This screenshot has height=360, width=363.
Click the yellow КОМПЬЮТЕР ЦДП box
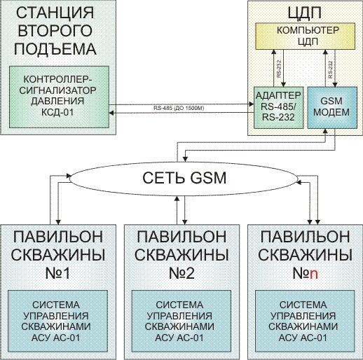click(305, 36)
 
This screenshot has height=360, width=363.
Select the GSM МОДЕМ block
click(332, 108)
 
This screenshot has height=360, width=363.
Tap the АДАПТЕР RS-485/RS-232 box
click(279, 108)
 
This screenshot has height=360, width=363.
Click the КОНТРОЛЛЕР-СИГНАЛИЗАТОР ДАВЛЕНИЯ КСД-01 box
click(59, 97)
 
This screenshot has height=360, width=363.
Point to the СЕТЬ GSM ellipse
click(184, 178)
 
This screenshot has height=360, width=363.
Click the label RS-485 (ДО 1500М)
click(179, 109)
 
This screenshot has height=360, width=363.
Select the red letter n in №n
click(313, 275)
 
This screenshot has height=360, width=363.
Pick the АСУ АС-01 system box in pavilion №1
click(57, 321)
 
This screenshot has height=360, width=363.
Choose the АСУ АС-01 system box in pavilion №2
click(181, 321)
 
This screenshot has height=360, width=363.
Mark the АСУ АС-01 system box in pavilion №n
click(305, 321)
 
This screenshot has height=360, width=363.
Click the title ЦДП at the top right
click(304, 13)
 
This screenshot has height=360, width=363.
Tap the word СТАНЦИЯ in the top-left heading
click(55, 13)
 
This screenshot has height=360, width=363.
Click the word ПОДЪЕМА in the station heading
click(55, 49)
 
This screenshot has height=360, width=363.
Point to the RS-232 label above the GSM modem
click(330, 69)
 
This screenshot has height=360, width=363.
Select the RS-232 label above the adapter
click(279, 69)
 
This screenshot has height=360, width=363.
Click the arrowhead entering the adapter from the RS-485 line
click(252, 104)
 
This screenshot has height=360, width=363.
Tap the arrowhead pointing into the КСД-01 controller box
click(111, 113)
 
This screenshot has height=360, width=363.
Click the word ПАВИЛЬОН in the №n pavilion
click(305, 237)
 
